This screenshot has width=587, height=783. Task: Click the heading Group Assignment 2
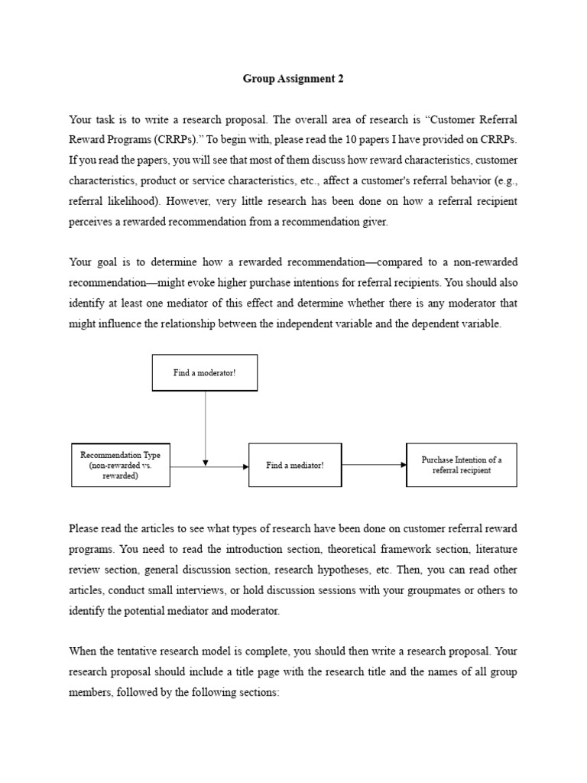coord(293,78)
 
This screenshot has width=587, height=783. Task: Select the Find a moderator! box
coord(205,372)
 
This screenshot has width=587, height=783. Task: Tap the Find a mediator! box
coord(295,465)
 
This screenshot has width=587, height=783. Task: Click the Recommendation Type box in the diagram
coord(120,465)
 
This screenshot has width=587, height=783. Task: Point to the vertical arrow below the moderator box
coord(206,428)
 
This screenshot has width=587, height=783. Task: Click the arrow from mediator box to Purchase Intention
coord(374,464)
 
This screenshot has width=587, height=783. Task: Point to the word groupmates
coord(417,590)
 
